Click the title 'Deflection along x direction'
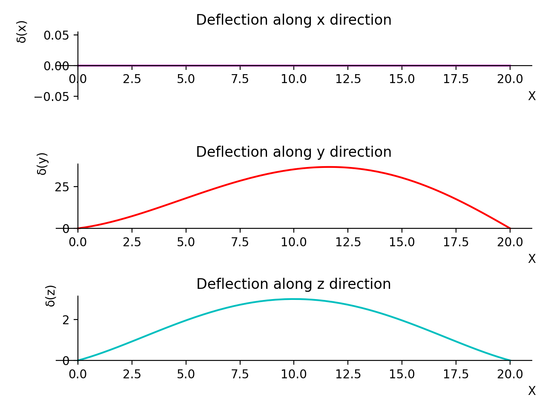coord(293,20)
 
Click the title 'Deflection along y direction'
coord(293,152)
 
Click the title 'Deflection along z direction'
coord(293,284)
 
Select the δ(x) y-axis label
coord(22,32)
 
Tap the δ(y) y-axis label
coord(43,164)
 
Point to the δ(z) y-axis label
coord(50,296)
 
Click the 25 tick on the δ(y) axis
coord(62,187)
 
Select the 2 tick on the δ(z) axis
coord(66,320)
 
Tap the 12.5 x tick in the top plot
coord(348,79)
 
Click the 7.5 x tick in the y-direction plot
coord(240,242)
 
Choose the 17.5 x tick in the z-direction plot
coord(456,374)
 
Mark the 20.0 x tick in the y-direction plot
coord(510,242)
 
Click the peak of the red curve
coord(329,167)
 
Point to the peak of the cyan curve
coord(294,299)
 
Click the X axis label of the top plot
coord(532,96)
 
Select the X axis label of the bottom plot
coord(532,391)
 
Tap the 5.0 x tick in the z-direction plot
coord(186,374)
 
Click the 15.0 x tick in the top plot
coord(402,79)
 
